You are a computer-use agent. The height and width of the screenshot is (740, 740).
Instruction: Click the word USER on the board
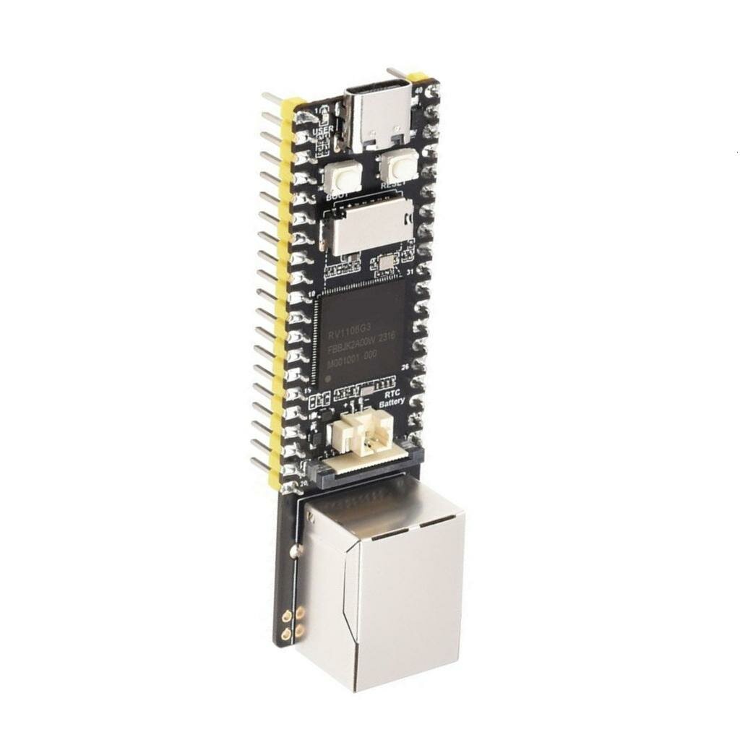[x=323, y=131]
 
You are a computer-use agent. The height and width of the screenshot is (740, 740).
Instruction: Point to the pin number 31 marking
[x=409, y=272]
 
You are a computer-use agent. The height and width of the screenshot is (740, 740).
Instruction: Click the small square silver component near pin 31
[x=385, y=261]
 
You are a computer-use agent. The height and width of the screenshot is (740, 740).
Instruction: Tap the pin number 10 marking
[x=312, y=295]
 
